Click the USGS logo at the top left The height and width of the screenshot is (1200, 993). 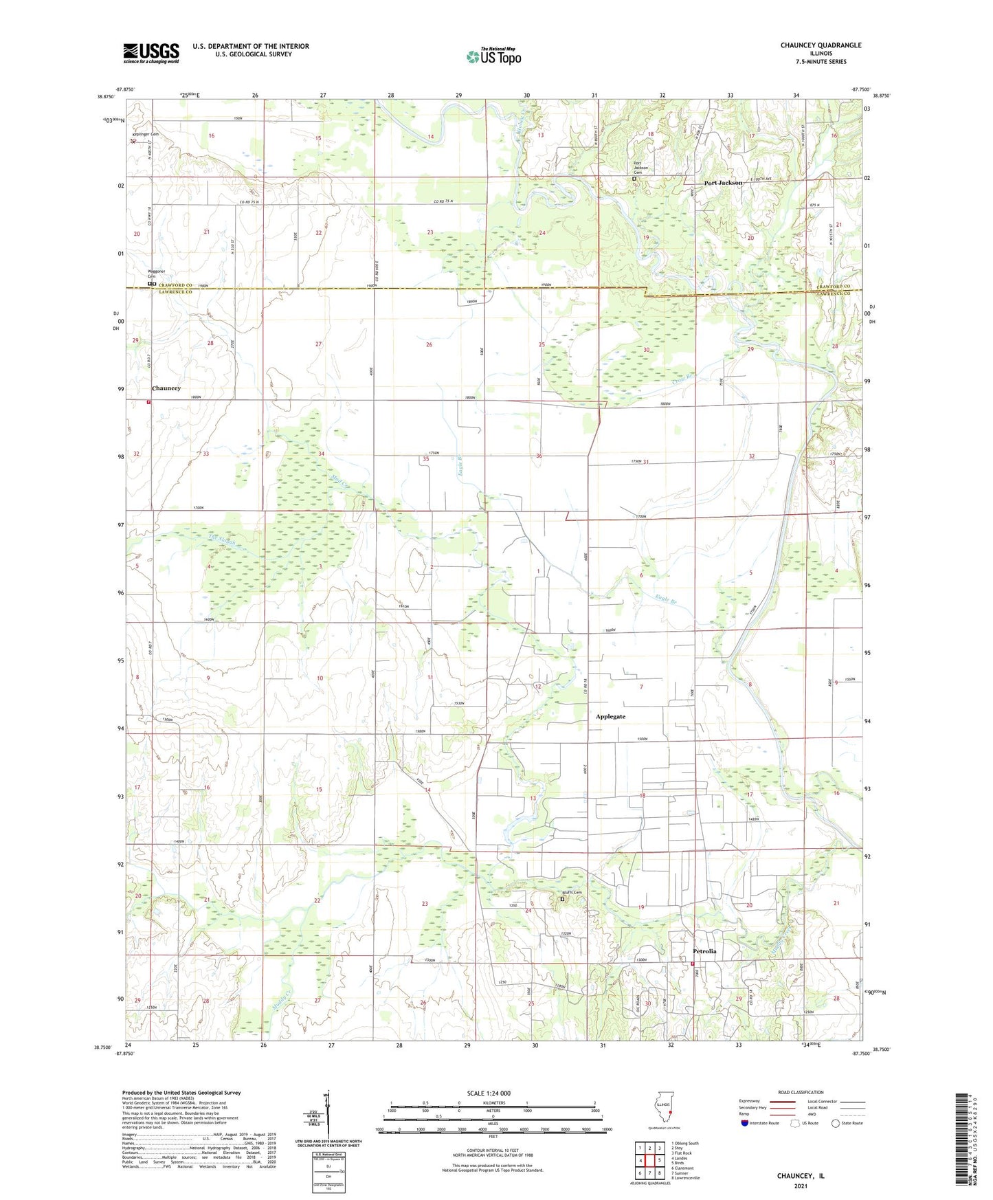151,53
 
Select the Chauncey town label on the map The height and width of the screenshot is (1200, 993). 166,388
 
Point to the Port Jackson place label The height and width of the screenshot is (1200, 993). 723,183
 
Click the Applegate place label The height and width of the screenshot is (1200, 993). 610,716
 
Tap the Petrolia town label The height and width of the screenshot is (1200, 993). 704,951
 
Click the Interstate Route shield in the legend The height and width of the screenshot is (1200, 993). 745,1123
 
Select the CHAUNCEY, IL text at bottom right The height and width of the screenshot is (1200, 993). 800,1176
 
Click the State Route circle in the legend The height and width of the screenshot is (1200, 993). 836,1123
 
